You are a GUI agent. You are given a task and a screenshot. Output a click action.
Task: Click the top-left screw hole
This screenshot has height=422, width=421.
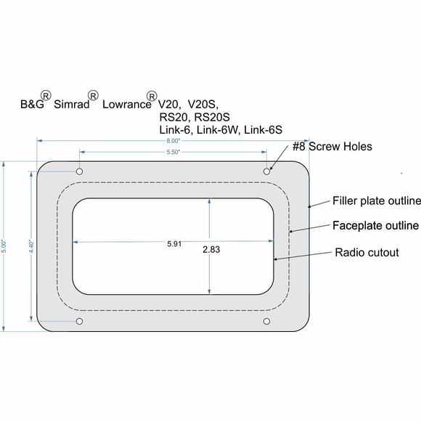pos(80,171)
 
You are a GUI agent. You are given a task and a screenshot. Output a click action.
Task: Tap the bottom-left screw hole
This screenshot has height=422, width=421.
pos(80,321)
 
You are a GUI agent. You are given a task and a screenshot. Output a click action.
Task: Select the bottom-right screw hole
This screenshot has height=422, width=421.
pos(267,321)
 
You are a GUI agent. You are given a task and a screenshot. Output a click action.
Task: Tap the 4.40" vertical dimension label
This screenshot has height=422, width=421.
pos(30,246)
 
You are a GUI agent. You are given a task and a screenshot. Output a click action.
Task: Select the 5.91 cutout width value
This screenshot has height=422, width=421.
pos(173,244)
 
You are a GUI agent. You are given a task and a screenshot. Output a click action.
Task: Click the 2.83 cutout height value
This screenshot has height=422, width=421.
pos(211,249)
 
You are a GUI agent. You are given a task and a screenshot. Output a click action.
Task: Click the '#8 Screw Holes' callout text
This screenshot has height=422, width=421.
pos(332,147)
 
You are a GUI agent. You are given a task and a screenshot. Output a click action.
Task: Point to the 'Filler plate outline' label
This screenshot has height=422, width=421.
pos(377,200)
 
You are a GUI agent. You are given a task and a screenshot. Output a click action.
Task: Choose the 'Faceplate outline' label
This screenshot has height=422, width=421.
pos(375,226)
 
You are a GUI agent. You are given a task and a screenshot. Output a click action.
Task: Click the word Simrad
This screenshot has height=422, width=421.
pos(70,104)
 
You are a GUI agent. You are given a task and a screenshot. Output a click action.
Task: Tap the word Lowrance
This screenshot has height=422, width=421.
pos(124,104)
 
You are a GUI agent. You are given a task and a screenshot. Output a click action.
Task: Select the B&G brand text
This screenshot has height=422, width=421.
pos(32,104)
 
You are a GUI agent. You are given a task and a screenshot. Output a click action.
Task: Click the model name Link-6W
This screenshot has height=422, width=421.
pos(219,129)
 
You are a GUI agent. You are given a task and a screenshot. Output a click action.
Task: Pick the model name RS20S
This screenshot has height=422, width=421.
pos(212,116)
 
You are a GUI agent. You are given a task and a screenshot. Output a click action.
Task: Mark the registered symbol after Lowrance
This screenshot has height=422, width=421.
pos(152,95)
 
